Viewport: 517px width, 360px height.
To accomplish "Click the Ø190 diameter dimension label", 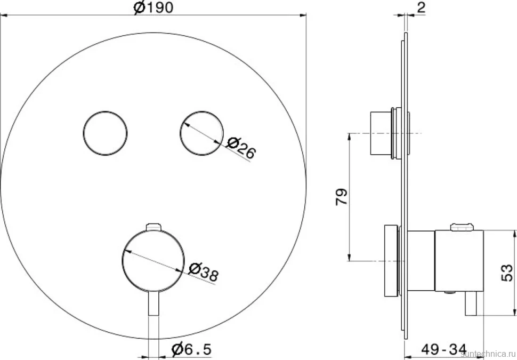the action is pos(154,8).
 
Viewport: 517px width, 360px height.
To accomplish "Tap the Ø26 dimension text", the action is pos(241,148).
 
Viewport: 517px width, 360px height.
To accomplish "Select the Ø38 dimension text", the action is pos(203,272).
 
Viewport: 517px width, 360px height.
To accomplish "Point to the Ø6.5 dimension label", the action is pos(191,349).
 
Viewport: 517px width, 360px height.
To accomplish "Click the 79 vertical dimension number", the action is pos(342,197).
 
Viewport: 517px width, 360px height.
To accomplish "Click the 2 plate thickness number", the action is pos(421,7).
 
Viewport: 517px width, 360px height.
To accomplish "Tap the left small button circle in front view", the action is pos(105,133).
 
